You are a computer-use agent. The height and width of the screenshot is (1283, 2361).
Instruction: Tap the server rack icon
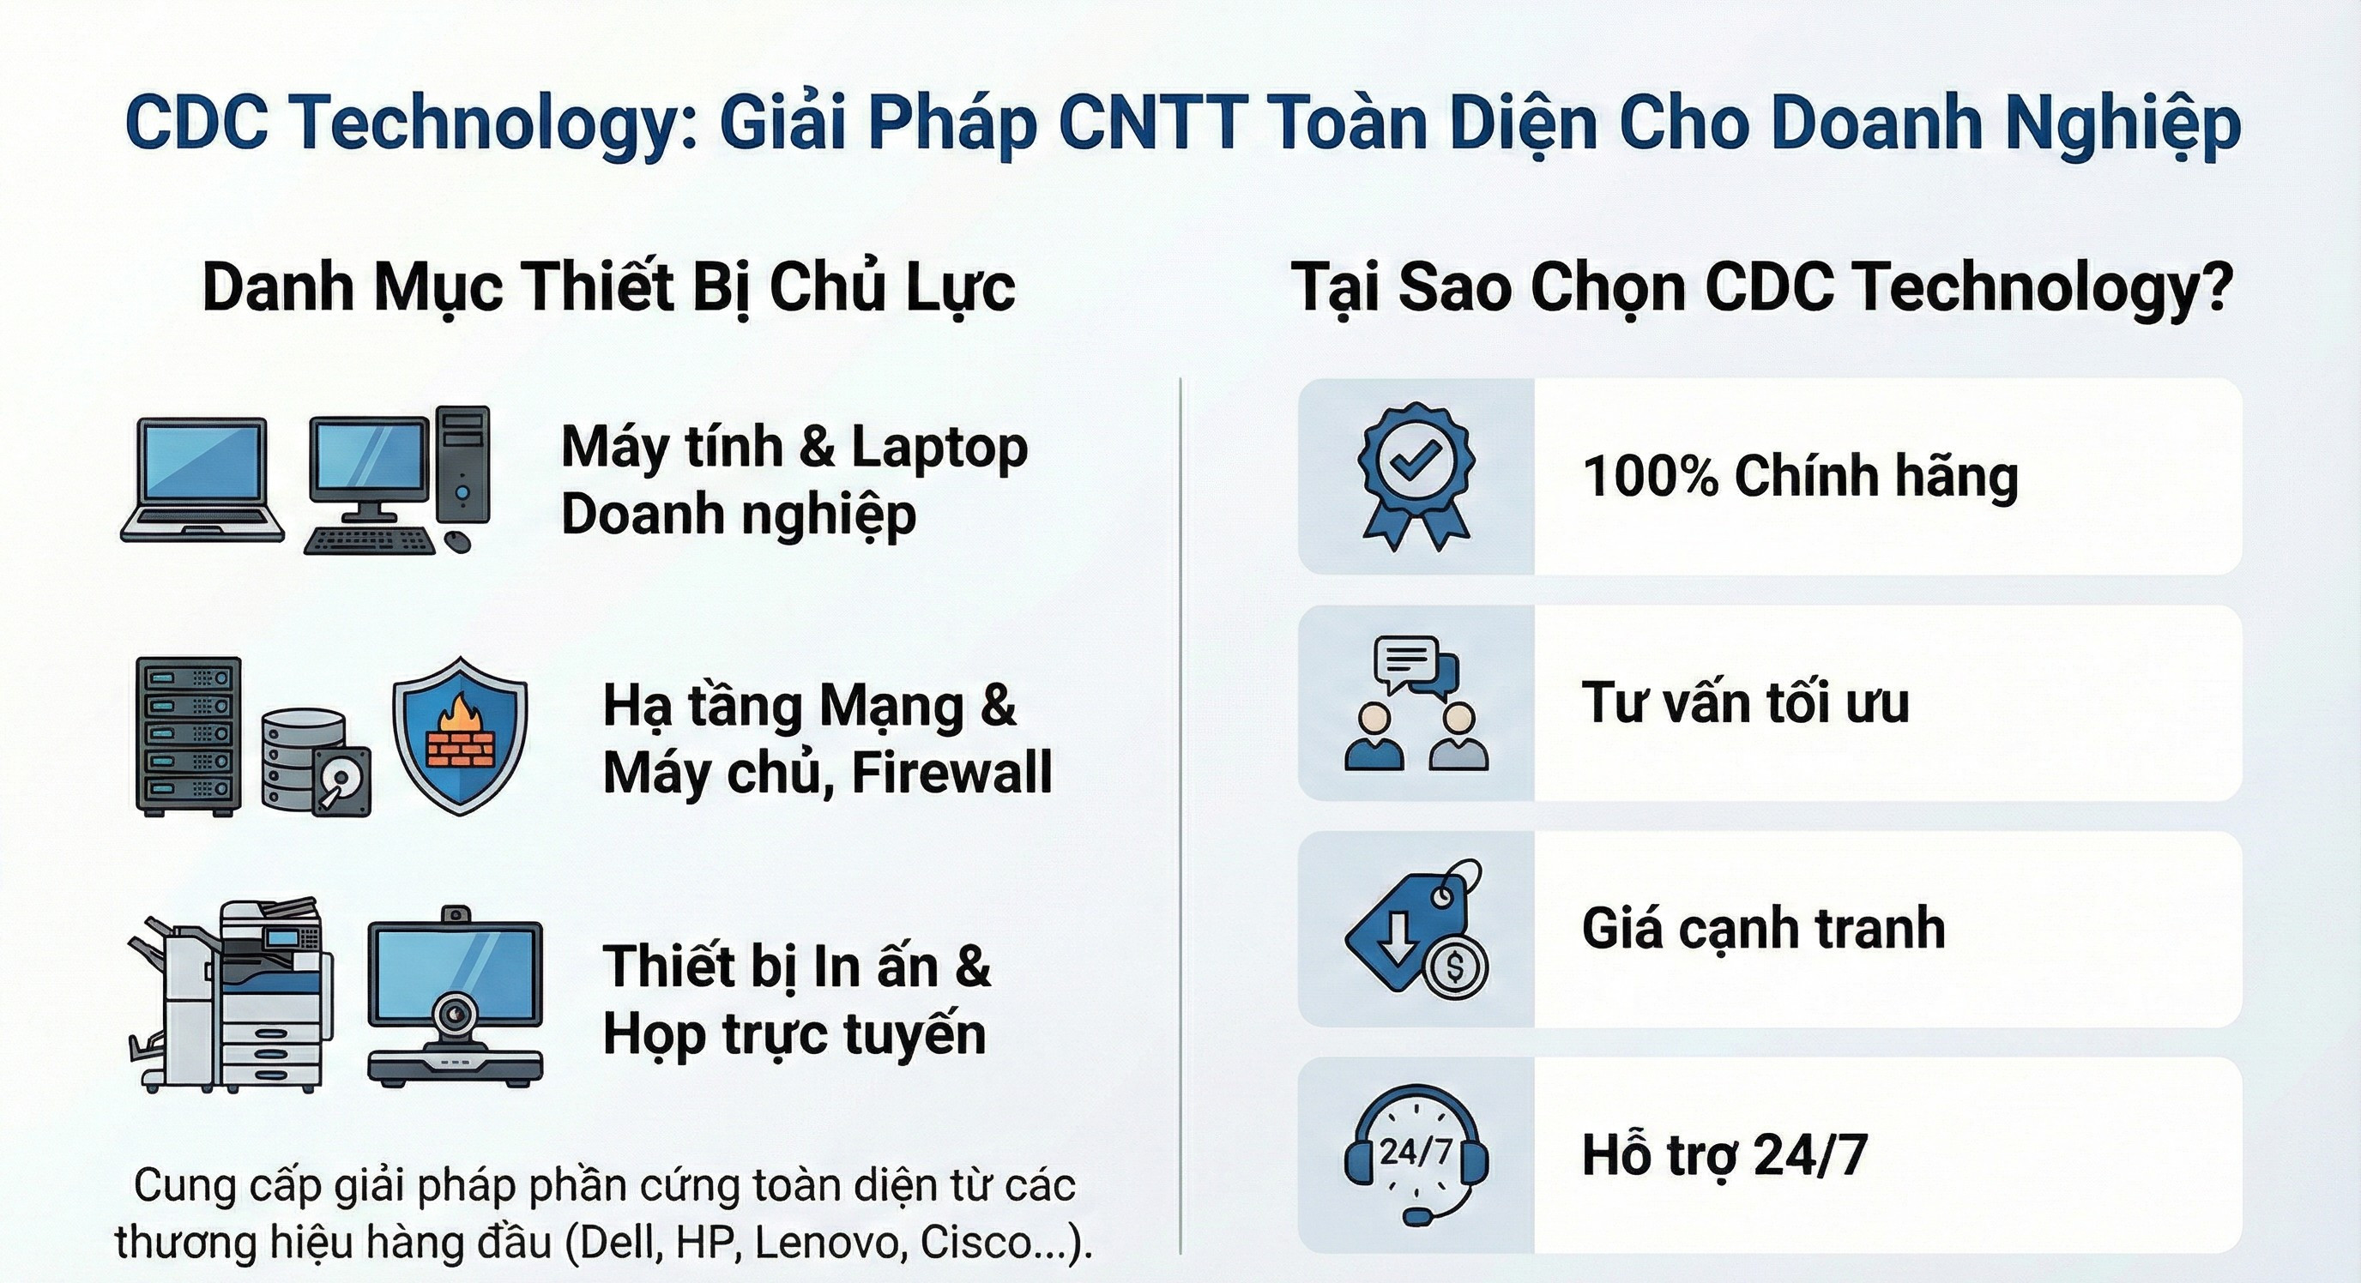pyautogui.click(x=189, y=735)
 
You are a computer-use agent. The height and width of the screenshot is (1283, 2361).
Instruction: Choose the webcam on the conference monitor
pyautogui.click(x=454, y=1016)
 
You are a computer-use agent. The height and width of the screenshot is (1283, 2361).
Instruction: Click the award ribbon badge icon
pyautogui.click(x=1416, y=477)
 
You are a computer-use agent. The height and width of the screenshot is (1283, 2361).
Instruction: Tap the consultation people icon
pyautogui.click(x=1416, y=703)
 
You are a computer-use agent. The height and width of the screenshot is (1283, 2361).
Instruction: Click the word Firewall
pyautogui.click(x=952, y=773)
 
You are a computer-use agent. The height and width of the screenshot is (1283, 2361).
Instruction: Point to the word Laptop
pyautogui.click(x=939, y=449)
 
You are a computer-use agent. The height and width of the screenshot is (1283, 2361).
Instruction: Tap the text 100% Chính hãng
pyautogui.click(x=1800, y=478)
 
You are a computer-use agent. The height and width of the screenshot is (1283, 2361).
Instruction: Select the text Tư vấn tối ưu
pyautogui.click(x=1745, y=703)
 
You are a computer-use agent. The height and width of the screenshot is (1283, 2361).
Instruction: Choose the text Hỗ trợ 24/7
pyautogui.click(x=1724, y=1154)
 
